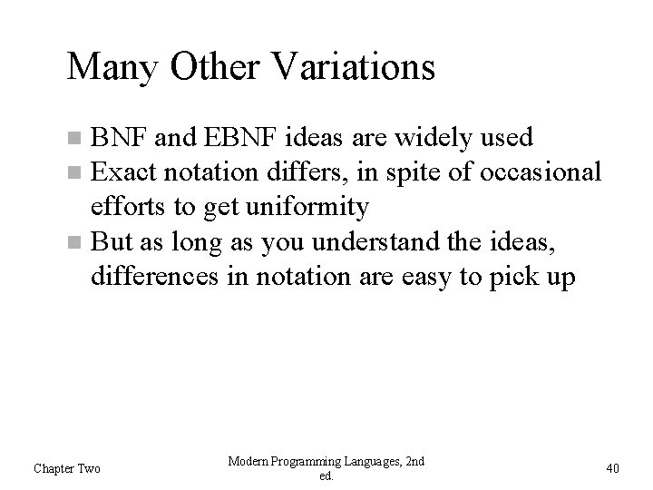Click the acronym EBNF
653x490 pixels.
(237, 138)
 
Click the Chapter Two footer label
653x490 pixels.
(67, 468)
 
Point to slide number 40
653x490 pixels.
(612, 468)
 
